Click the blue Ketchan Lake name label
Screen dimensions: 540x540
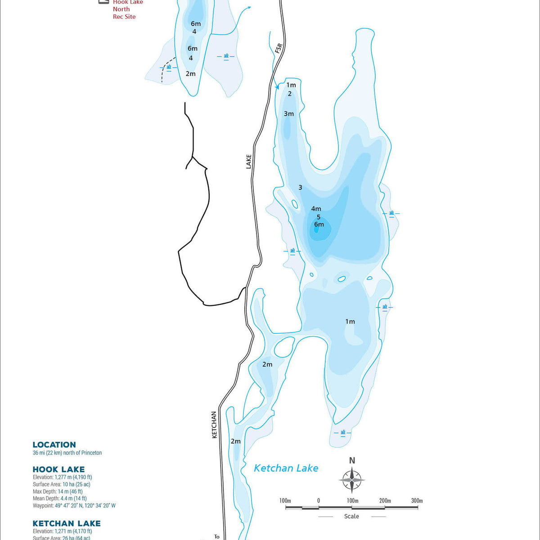click(x=286, y=468)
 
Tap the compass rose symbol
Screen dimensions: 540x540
click(x=352, y=480)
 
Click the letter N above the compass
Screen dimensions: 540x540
click(x=352, y=460)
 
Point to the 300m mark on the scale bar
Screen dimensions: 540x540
click(x=417, y=500)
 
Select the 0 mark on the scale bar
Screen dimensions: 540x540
click(x=318, y=500)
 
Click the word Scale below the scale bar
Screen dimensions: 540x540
click(x=351, y=516)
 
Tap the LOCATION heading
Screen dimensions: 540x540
click(x=54, y=445)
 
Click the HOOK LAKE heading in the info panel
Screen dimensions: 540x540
click(x=58, y=469)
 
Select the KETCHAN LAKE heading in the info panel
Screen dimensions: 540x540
click(x=67, y=523)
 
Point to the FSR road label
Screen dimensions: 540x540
click(x=279, y=48)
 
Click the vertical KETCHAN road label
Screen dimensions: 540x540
click(x=214, y=424)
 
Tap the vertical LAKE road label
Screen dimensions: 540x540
click(x=249, y=162)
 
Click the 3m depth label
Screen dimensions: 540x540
click(x=288, y=114)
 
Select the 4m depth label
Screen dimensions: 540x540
click(x=316, y=209)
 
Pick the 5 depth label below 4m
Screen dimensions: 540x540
click(x=319, y=217)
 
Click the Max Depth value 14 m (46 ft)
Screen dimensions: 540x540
click(x=70, y=491)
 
